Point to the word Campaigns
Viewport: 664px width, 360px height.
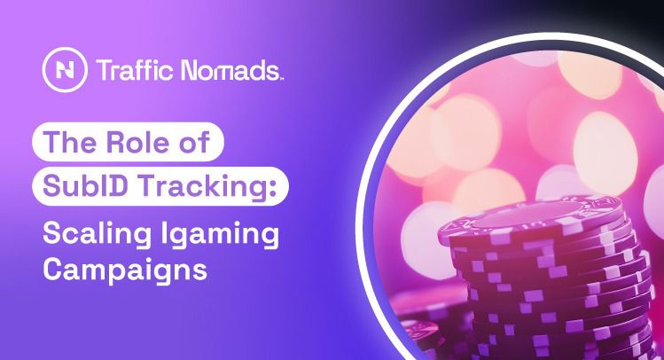pyautogui.click(x=124, y=270)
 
